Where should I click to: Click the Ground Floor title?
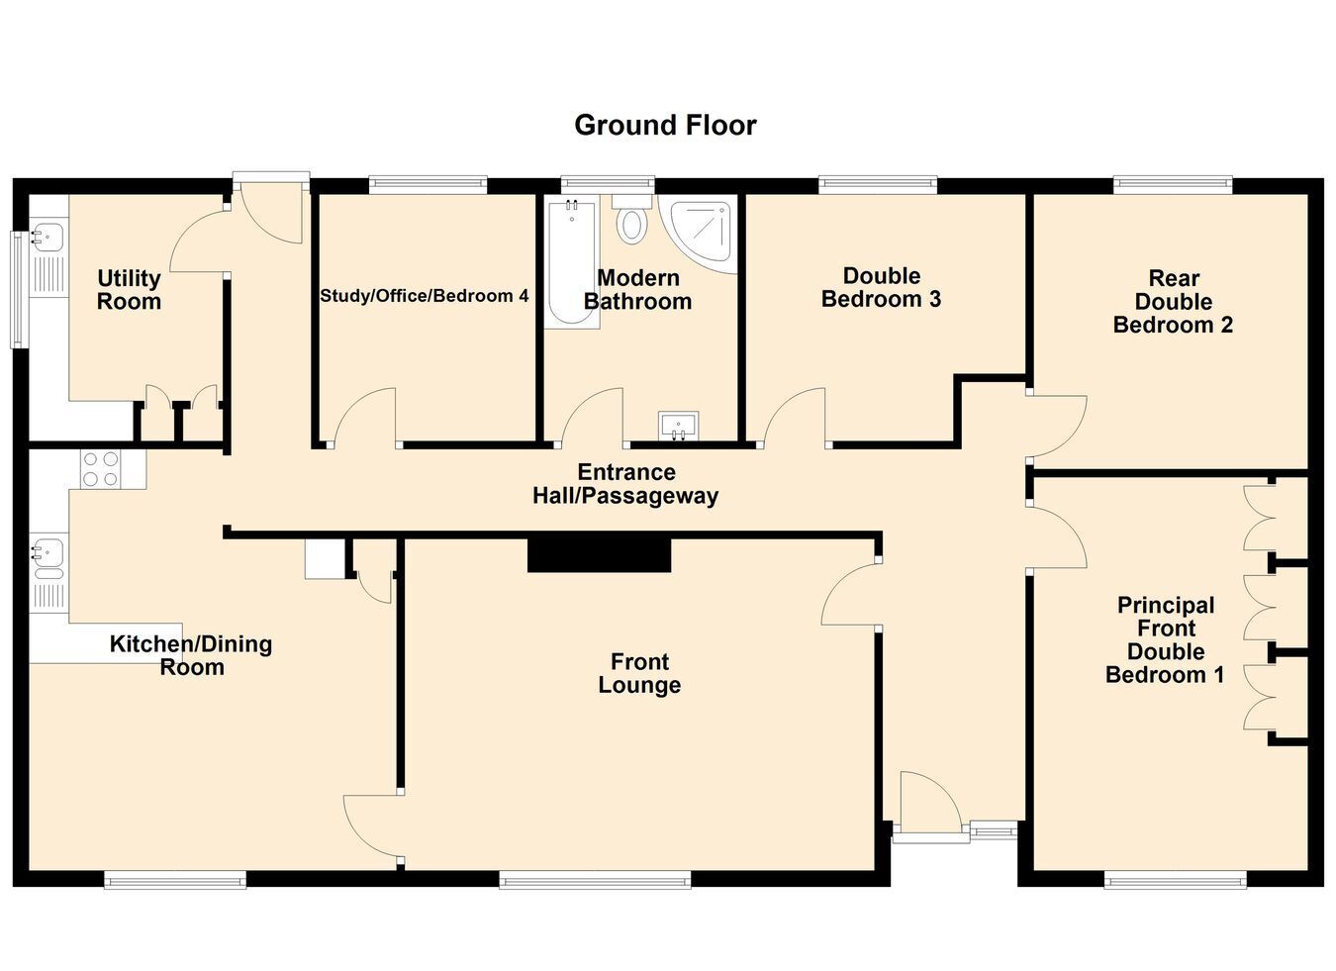(x=665, y=126)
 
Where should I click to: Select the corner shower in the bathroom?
(x=699, y=234)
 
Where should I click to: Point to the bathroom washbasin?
(x=678, y=426)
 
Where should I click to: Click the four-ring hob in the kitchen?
(x=101, y=469)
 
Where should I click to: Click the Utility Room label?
(x=129, y=289)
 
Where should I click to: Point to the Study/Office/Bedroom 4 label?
(x=425, y=296)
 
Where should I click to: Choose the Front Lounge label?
(x=639, y=673)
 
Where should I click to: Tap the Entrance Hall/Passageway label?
(x=625, y=484)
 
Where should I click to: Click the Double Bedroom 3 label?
(x=881, y=287)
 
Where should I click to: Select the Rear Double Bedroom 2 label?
(x=1173, y=302)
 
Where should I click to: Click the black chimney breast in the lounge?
(x=600, y=555)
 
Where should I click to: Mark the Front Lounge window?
(x=595, y=880)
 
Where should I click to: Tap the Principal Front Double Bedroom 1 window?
(x=1175, y=880)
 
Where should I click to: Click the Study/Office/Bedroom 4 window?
(x=428, y=185)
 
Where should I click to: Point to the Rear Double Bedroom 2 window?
(x=1173, y=185)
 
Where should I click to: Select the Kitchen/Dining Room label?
(x=191, y=655)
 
